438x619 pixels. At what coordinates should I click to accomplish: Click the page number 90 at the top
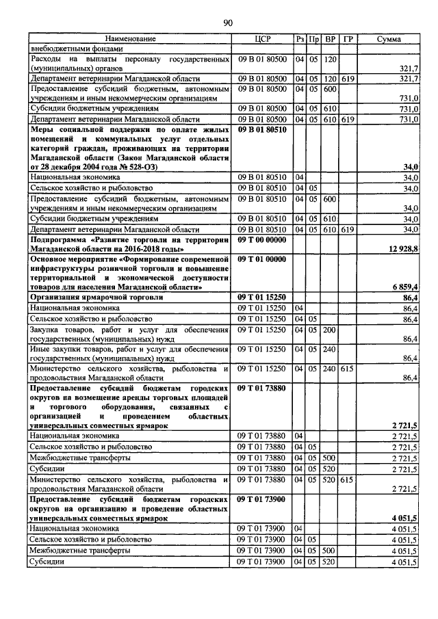pos(228,23)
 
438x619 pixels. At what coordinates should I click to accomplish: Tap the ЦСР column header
pos(263,39)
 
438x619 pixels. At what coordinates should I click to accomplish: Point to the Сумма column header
pos(389,39)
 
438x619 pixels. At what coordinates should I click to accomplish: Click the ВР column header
pos(330,39)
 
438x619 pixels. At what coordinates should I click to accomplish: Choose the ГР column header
pos(348,39)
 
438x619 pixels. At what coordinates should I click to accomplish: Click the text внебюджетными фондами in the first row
pos(76,49)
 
